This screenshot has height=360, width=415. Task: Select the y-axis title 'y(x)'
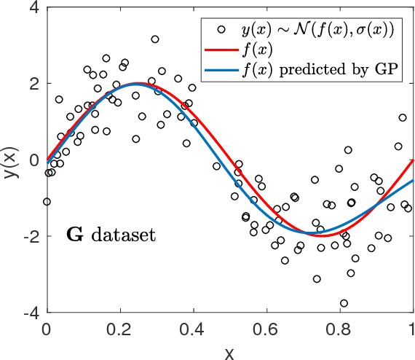click(10, 160)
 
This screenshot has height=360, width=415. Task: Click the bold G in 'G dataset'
click(73, 235)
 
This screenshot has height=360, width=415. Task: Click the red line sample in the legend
click(218, 51)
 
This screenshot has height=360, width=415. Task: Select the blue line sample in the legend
click(218, 70)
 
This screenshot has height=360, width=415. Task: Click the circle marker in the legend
click(218, 31)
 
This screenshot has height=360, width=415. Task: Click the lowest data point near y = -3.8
click(344, 303)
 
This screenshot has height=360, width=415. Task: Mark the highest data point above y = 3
click(155, 39)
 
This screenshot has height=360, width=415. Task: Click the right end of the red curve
click(413, 160)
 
